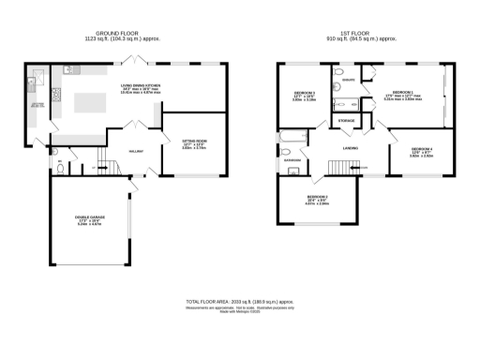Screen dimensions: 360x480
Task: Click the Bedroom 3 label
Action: [303, 95]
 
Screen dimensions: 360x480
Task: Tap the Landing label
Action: [352, 147]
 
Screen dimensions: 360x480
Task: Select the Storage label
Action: [346, 122]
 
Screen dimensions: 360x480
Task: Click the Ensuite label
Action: [348, 81]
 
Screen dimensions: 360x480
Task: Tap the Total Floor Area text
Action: [240, 302]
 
